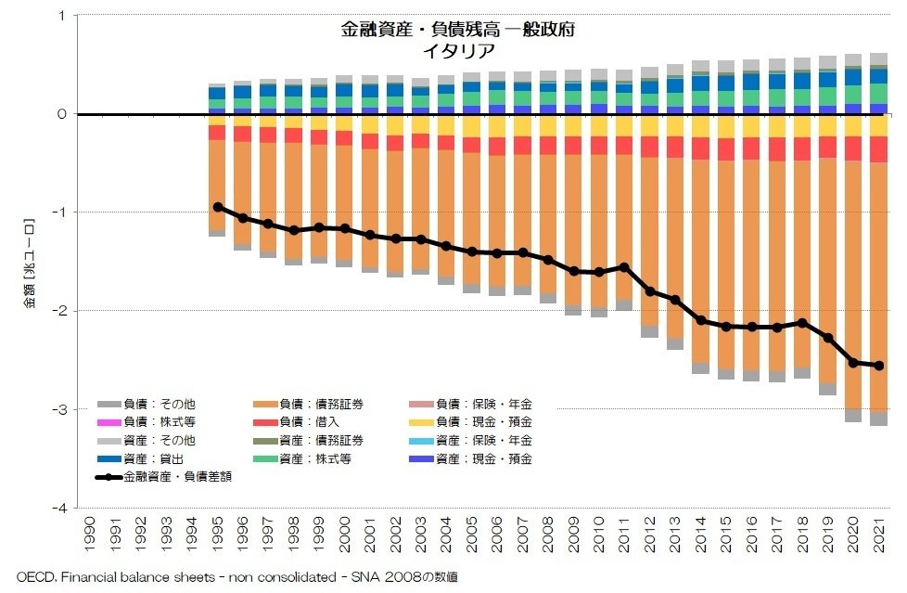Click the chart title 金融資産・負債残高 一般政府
(457, 30)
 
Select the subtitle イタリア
(457, 51)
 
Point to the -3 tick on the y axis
(59, 409)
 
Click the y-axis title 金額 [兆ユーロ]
(29, 261)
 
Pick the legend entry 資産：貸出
(148, 458)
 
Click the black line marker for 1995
(217, 207)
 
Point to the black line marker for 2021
(877, 366)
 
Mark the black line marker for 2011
(623, 267)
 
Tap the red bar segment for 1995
(217, 133)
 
